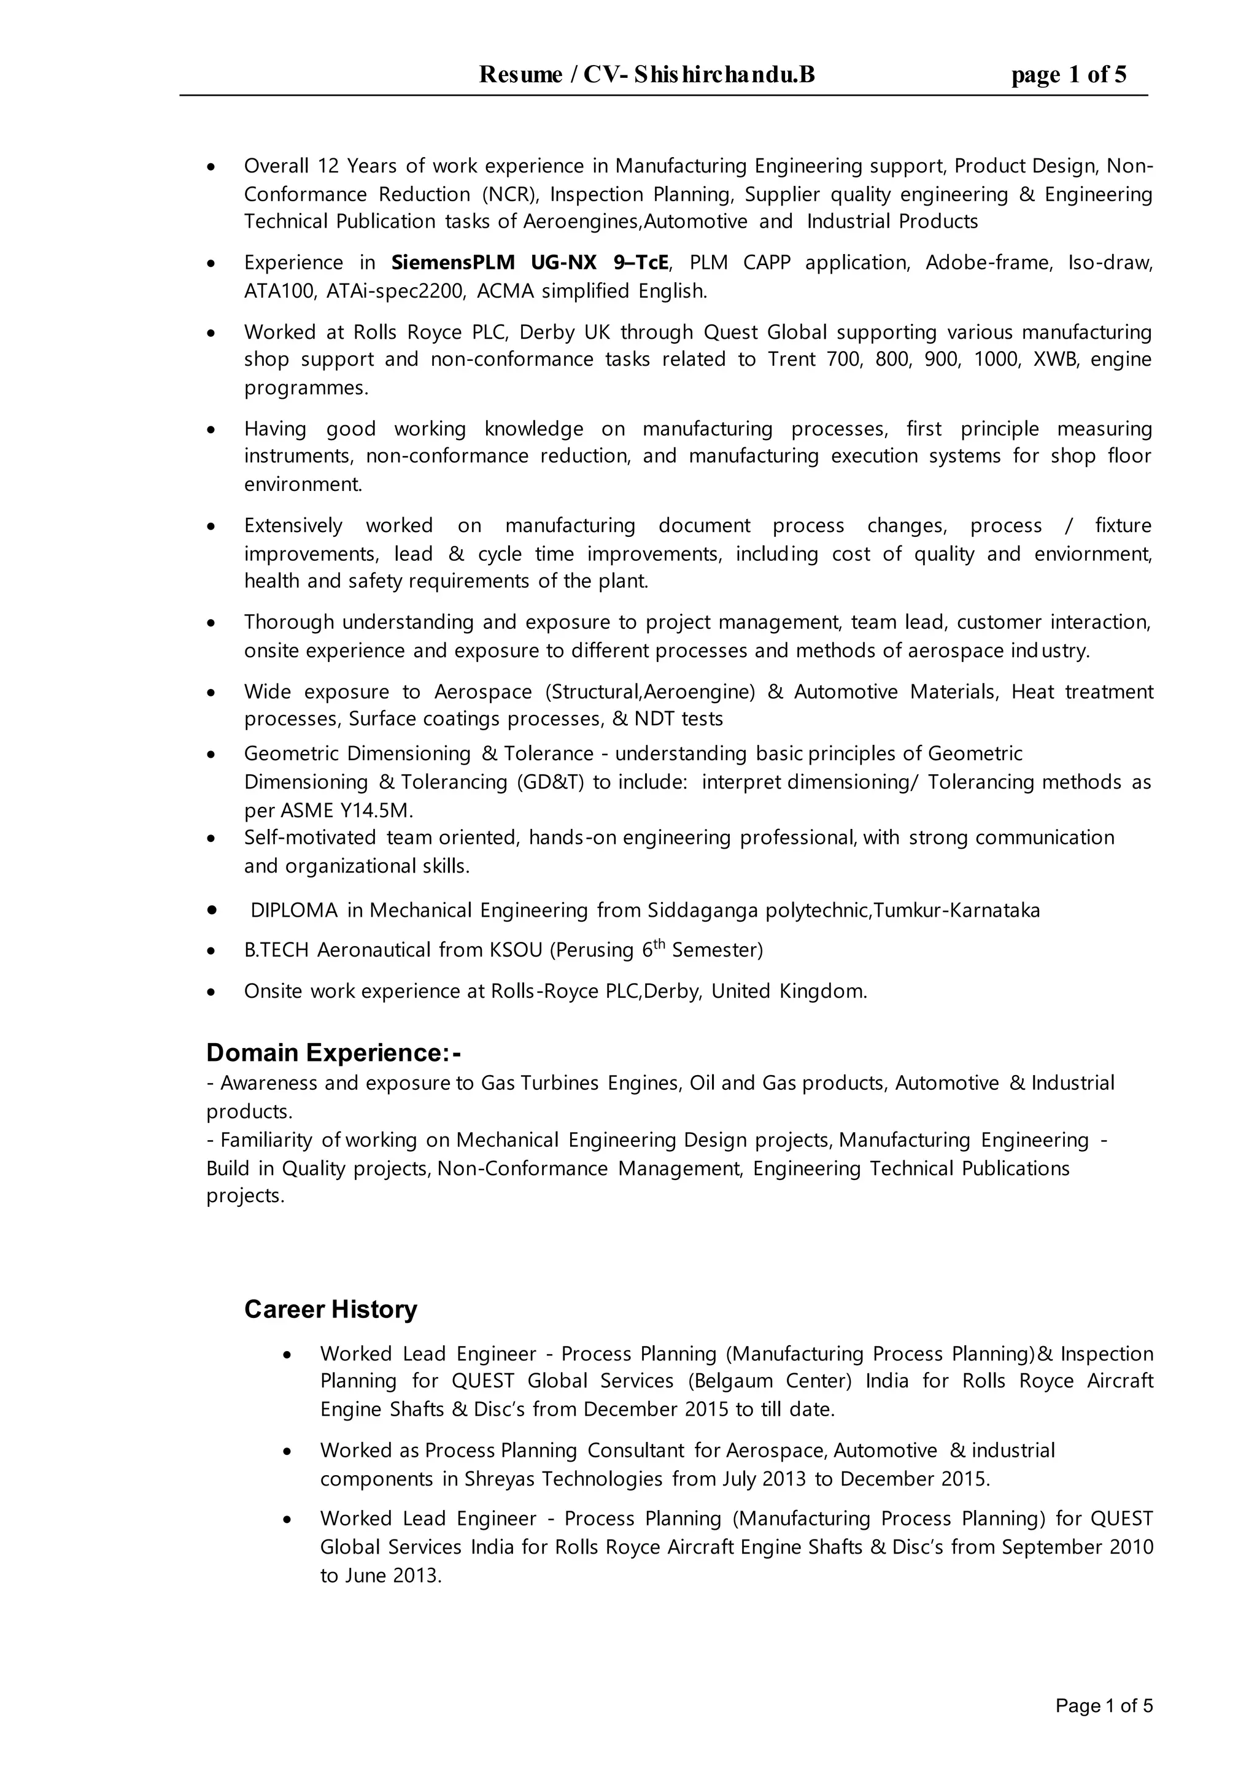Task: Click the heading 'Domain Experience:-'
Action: (x=334, y=1052)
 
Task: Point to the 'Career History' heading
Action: (x=330, y=1309)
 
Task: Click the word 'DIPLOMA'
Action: (x=294, y=910)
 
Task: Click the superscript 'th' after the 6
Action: (x=659, y=944)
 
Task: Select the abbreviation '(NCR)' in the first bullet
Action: (x=508, y=195)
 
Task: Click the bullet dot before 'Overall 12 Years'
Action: (x=211, y=167)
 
